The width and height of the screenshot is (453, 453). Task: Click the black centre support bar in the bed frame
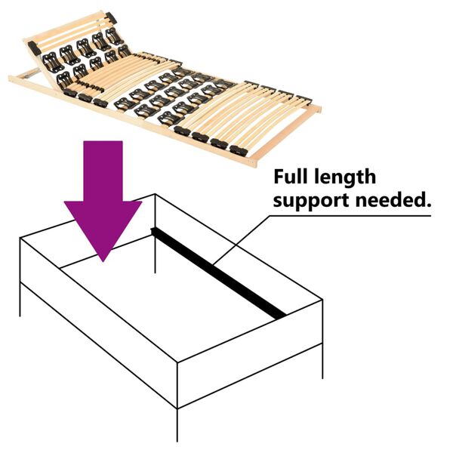pyautogui.click(x=219, y=272)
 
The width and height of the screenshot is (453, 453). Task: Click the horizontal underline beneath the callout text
pyautogui.click(x=355, y=216)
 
